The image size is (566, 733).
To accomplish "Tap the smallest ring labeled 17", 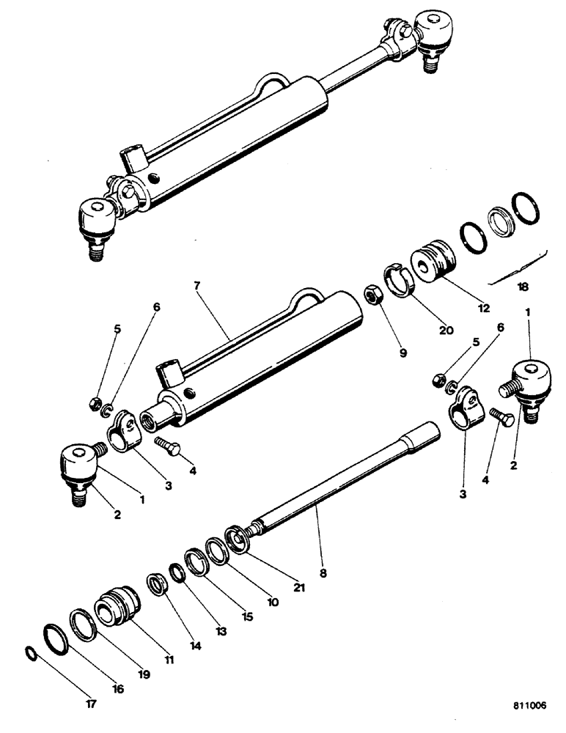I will pyautogui.click(x=30, y=652).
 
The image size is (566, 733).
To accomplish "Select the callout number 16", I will pyautogui.click(x=117, y=688).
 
